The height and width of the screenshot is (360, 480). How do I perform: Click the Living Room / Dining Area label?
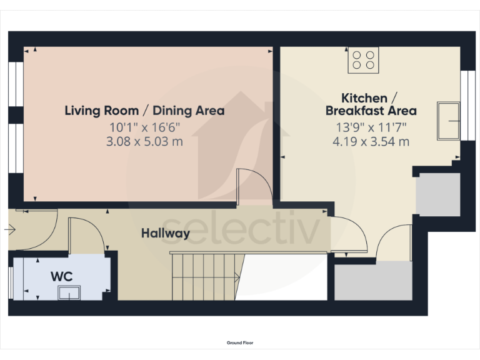tap(144, 111)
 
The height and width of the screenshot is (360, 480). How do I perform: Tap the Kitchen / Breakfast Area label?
tap(371, 104)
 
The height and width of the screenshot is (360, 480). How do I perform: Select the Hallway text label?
tap(165, 233)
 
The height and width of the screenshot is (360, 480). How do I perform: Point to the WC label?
tap(61, 275)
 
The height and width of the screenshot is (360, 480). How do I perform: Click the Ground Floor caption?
tap(240, 342)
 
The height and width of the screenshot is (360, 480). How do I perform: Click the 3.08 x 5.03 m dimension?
tap(144, 141)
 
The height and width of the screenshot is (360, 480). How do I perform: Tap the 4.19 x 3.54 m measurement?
tap(371, 141)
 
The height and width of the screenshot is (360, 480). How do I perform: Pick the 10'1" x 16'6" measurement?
tap(144, 127)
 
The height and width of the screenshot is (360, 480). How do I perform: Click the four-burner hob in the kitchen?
tap(363, 60)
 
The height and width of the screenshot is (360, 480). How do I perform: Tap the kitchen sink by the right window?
tap(449, 121)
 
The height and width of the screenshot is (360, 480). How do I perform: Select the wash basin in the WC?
tap(69, 292)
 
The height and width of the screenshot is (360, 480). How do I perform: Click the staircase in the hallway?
tap(206, 276)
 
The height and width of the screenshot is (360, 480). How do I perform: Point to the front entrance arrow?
tap(9, 230)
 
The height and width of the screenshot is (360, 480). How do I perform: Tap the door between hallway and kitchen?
tap(349, 234)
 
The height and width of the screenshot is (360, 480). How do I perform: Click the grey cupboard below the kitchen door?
tap(373, 281)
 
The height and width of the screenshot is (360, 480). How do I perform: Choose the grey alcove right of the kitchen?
tap(437, 194)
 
